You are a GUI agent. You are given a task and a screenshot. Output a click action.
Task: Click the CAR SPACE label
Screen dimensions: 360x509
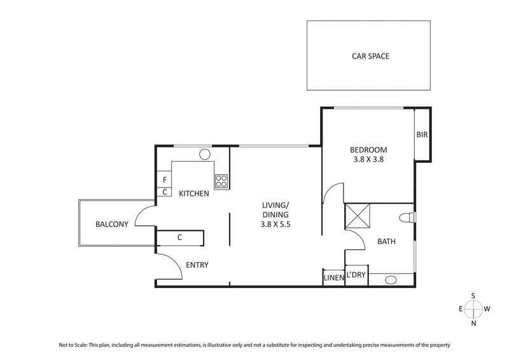pyautogui.click(x=370, y=56)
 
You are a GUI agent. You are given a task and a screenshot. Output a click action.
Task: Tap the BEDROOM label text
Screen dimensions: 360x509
pyautogui.click(x=368, y=150)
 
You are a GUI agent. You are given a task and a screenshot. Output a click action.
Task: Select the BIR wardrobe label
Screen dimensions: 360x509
pyautogui.click(x=422, y=135)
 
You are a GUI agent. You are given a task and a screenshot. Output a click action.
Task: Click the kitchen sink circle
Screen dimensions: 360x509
pyautogui.click(x=206, y=154)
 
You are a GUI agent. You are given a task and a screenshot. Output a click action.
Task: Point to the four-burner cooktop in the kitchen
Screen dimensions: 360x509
pyautogui.click(x=221, y=181)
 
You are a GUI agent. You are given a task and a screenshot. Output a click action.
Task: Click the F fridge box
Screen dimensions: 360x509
pyautogui.click(x=164, y=180)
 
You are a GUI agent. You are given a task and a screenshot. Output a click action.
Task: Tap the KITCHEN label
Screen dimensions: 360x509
pyautogui.click(x=193, y=193)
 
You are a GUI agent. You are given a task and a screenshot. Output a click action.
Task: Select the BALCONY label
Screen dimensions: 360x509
pyautogui.click(x=112, y=224)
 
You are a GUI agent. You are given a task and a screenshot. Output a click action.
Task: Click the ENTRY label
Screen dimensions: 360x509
pyautogui.click(x=197, y=265)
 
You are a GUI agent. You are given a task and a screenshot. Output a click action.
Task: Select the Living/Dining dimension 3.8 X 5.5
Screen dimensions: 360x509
pyautogui.click(x=275, y=225)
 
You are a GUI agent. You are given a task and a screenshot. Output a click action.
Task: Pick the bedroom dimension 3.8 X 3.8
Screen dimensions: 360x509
pyautogui.click(x=368, y=160)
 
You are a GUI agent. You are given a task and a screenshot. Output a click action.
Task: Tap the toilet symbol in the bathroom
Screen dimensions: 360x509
pyautogui.click(x=406, y=218)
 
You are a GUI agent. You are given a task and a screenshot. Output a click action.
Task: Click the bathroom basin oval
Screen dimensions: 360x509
pyautogui.click(x=391, y=279)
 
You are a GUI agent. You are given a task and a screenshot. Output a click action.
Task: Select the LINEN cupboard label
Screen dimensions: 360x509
pyautogui.click(x=333, y=278)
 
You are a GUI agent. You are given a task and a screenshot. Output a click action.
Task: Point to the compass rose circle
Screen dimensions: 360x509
pyautogui.click(x=473, y=309)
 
